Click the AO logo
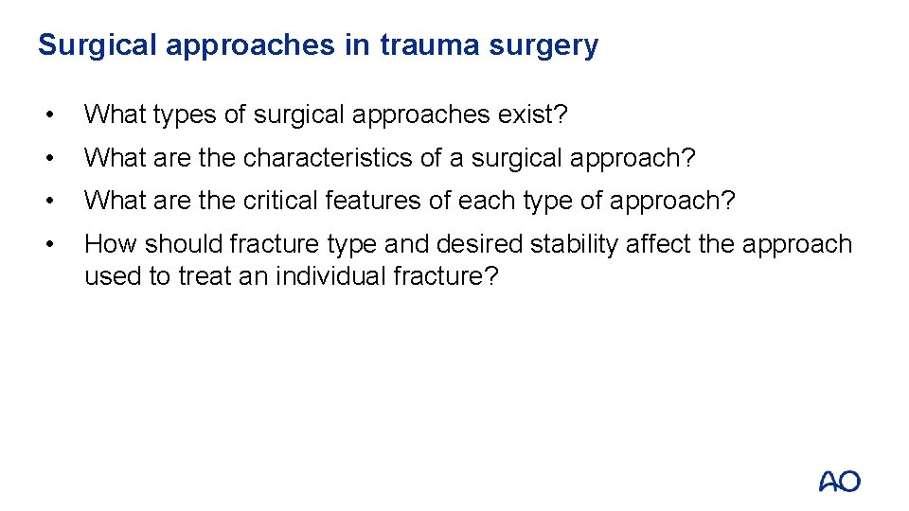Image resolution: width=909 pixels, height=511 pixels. click(839, 481)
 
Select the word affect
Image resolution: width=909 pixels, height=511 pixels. click(661, 244)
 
